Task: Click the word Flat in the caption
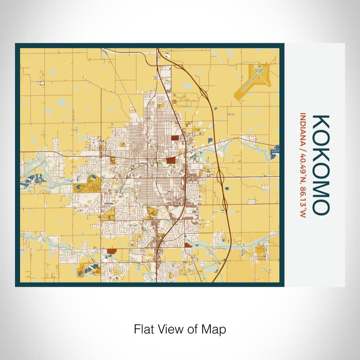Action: click(x=144, y=328)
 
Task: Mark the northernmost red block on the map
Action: click(x=176, y=138)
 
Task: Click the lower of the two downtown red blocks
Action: click(x=171, y=160)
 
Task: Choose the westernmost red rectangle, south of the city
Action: click(x=112, y=251)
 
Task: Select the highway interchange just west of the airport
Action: click(x=204, y=93)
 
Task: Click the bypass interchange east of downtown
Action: click(x=220, y=178)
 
